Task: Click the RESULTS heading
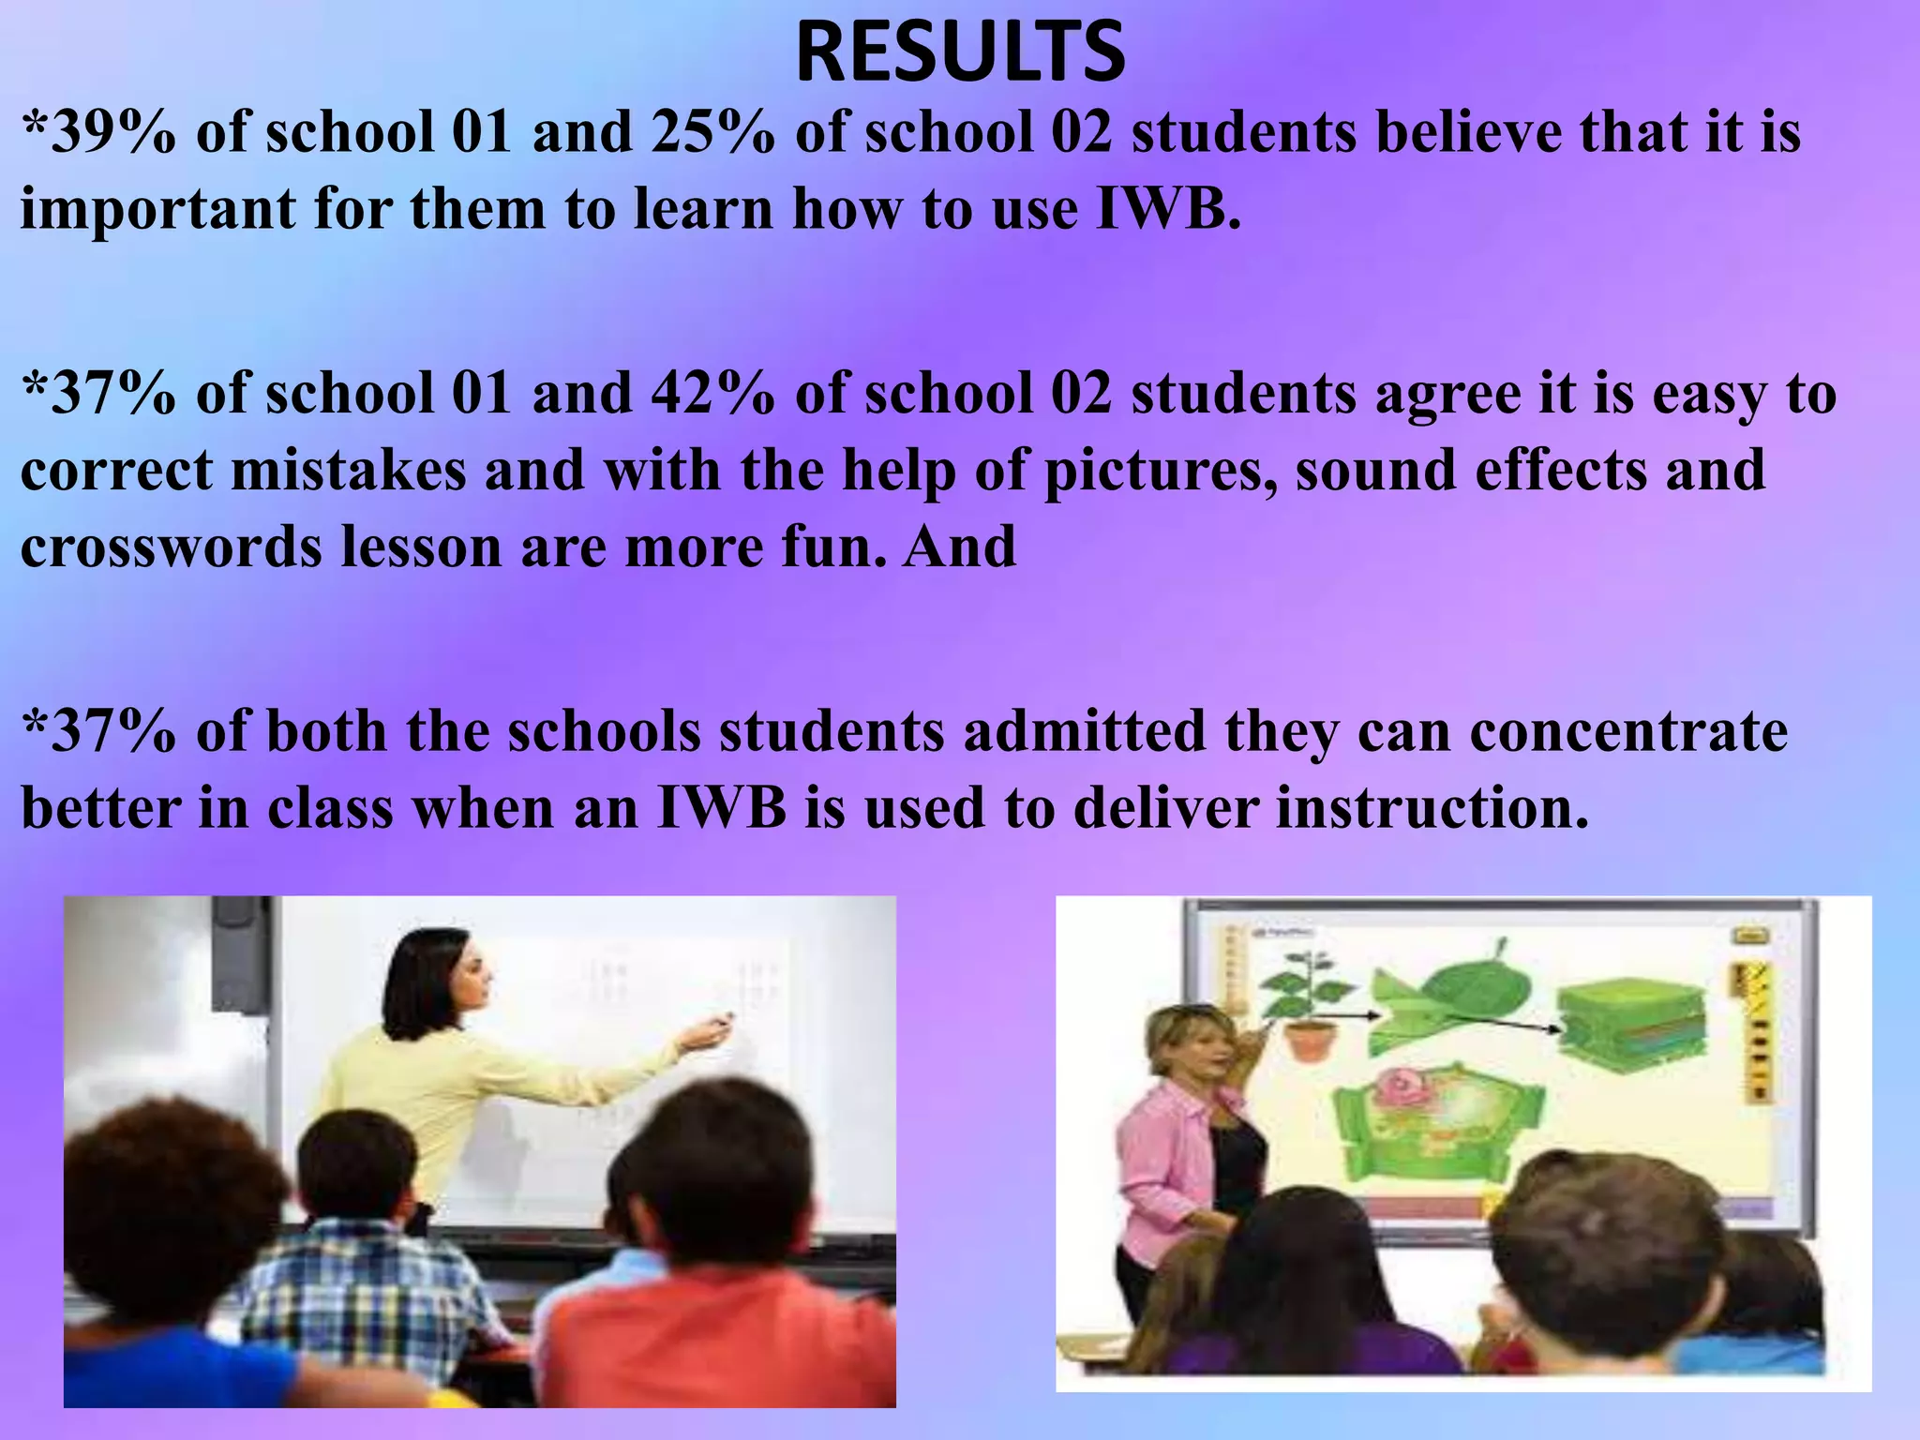[x=960, y=53]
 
